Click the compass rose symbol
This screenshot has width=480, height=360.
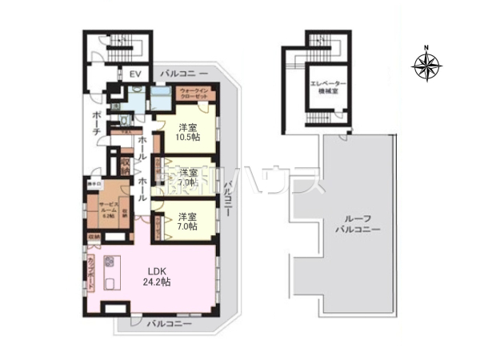click(x=427, y=66)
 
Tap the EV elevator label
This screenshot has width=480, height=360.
click(x=135, y=74)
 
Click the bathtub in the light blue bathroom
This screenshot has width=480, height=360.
click(x=161, y=101)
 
